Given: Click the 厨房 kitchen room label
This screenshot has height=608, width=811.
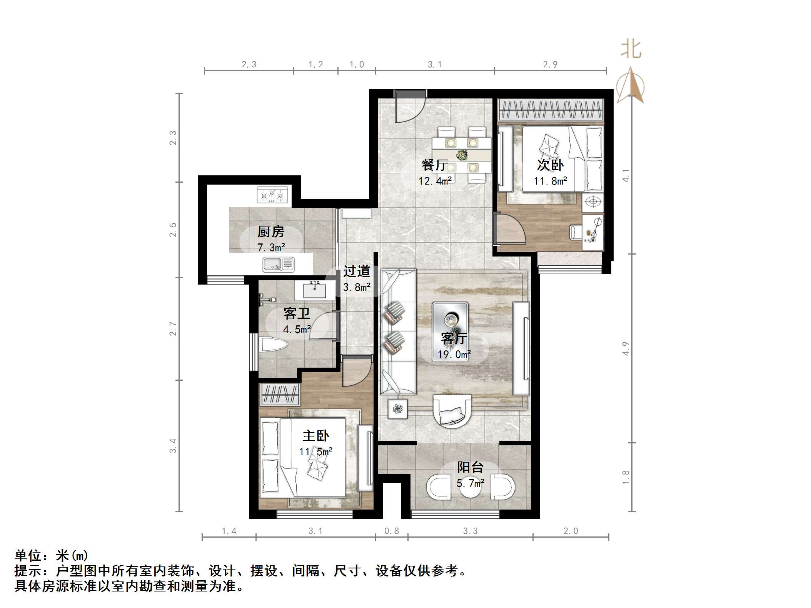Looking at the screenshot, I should tap(271, 232).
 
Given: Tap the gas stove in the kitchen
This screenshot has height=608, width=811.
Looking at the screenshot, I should tap(272, 195).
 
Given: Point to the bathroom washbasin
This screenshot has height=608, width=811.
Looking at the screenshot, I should tap(315, 290).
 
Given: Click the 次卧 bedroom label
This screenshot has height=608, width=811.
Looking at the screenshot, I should tap(550, 165).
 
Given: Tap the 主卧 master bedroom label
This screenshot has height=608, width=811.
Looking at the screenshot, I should tap(316, 436).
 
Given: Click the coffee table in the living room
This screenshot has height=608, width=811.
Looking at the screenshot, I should tap(450, 331).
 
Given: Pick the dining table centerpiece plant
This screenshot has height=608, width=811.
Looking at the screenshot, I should tap(461, 155).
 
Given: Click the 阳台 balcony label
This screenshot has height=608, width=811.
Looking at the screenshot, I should tap(470, 467).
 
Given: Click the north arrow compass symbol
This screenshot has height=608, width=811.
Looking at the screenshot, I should tap(631, 86).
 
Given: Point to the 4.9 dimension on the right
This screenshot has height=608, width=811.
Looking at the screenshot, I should tap(626, 348).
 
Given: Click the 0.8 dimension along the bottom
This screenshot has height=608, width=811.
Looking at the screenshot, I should tap(392, 531).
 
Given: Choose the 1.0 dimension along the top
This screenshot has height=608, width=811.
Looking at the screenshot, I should tap(357, 65).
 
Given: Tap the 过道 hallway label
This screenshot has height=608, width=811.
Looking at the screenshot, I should tap(357, 271).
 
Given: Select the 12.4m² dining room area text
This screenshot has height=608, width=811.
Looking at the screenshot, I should tap(435, 180).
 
